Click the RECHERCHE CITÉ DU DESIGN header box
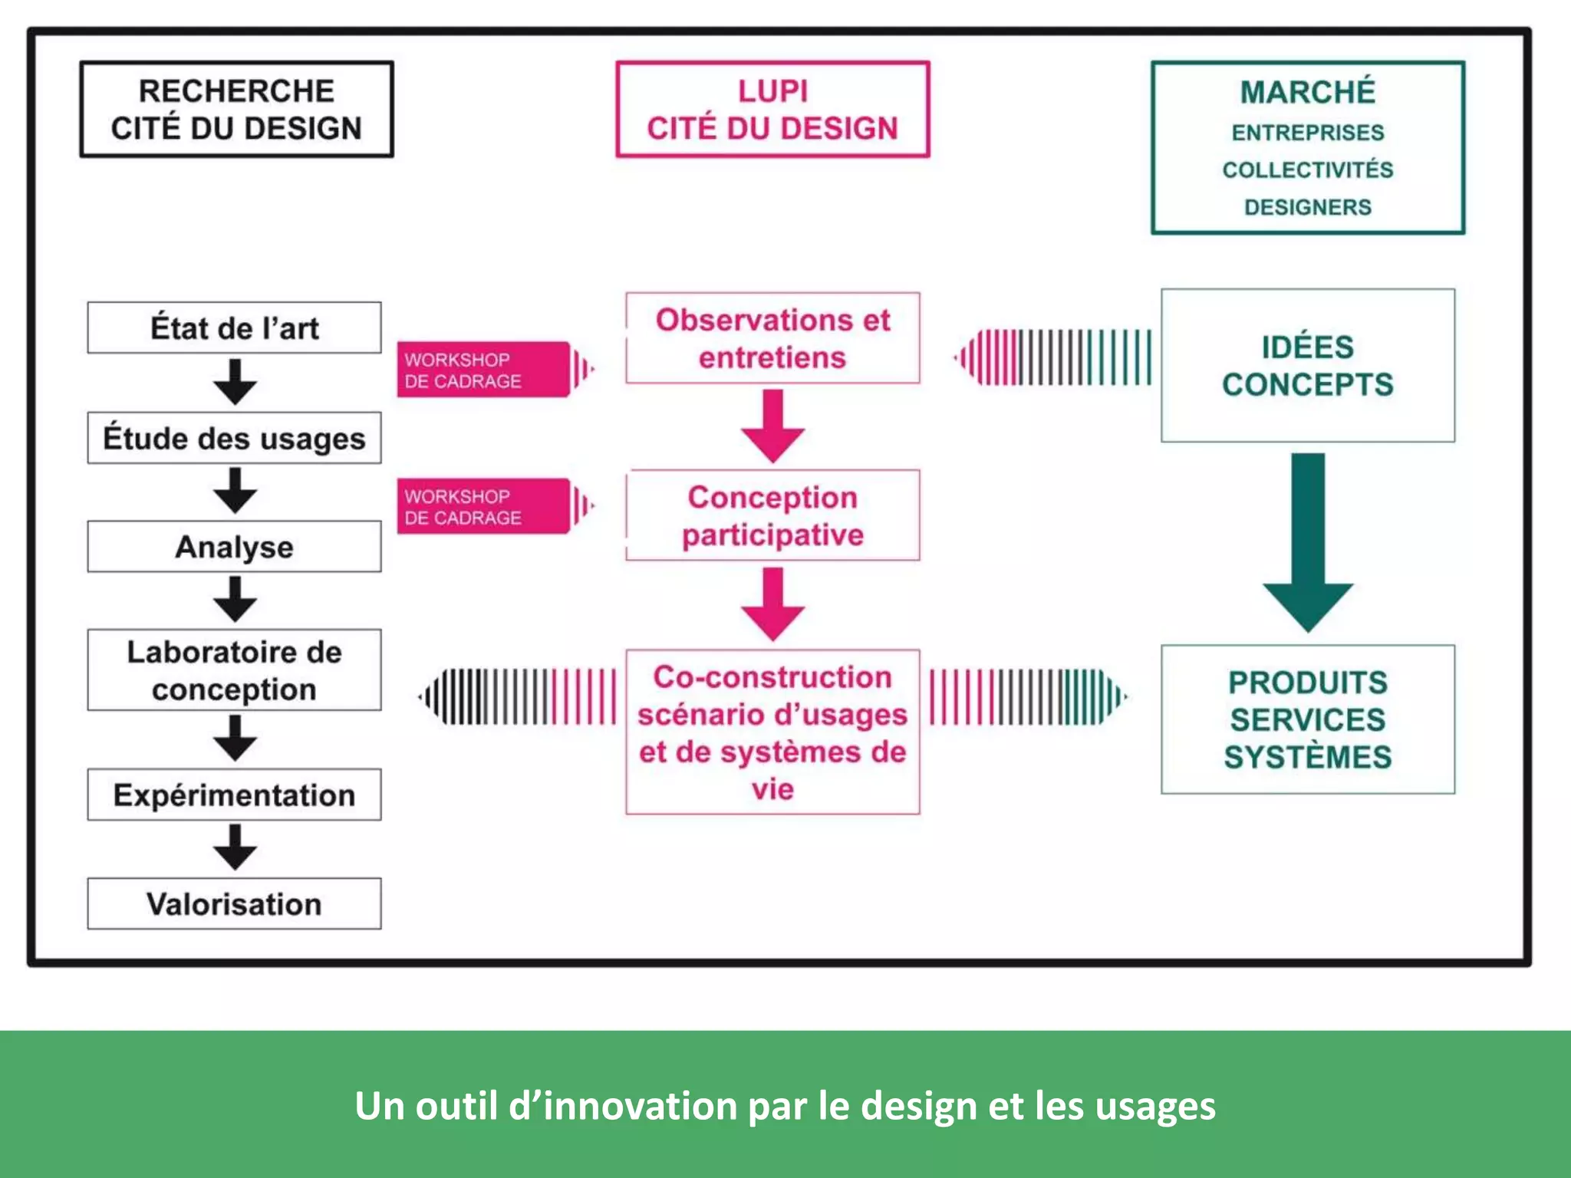pyautogui.click(x=236, y=110)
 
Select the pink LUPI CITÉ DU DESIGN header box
pyautogui.click(x=772, y=110)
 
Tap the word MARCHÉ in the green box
pyautogui.click(x=1307, y=92)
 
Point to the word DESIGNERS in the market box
pyautogui.click(x=1307, y=207)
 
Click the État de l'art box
pyautogui.click(x=234, y=328)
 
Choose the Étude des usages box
pyautogui.click(x=234, y=438)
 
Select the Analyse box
pyautogui.click(x=234, y=547)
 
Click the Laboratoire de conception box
pyautogui.click(x=234, y=670)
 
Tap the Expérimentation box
pyautogui.click(x=234, y=795)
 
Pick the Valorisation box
pyautogui.click(x=234, y=904)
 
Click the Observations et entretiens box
pyautogui.click(x=772, y=338)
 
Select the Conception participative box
pyautogui.click(x=772, y=515)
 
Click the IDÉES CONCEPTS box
pyautogui.click(x=1307, y=366)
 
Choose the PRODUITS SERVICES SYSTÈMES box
pyautogui.click(x=1307, y=719)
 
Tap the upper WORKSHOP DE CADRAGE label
pyautogui.click(x=483, y=370)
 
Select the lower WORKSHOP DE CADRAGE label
pyautogui.click(x=483, y=506)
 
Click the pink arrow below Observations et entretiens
pyautogui.click(x=772, y=426)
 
